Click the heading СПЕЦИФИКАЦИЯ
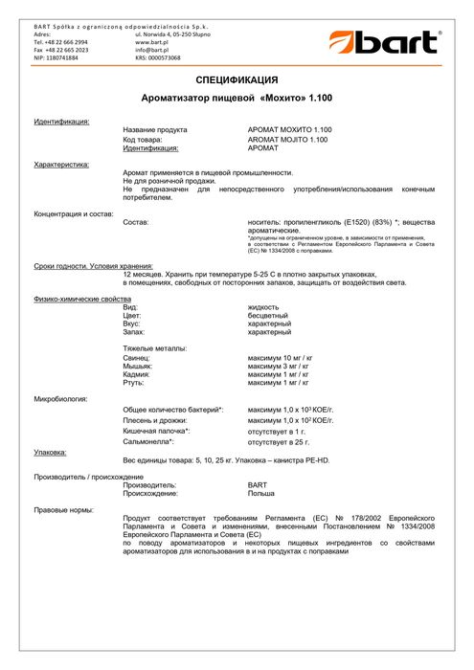(x=237, y=79)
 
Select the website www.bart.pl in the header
(x=152, y=42)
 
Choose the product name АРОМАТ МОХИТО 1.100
(x=290, y=129)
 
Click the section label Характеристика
(x=61, y=165)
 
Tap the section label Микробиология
(x=60, y=398)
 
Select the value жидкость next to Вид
(x=264, y=306)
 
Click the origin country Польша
(x=261, y=494)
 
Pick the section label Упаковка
(x=50, y=452)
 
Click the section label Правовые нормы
(x=63, y=510)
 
